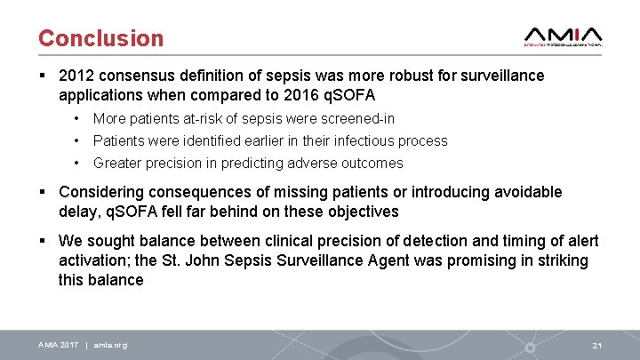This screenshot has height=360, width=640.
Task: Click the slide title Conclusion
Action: (x=100, y=38)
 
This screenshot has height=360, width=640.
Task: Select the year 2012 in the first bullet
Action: (x=76, y=76)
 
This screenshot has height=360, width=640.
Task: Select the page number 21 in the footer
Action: (x=596, y=345)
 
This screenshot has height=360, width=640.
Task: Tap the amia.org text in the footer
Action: (x=109, y=345)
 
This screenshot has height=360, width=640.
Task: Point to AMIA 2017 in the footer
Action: (x=58, y=345)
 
